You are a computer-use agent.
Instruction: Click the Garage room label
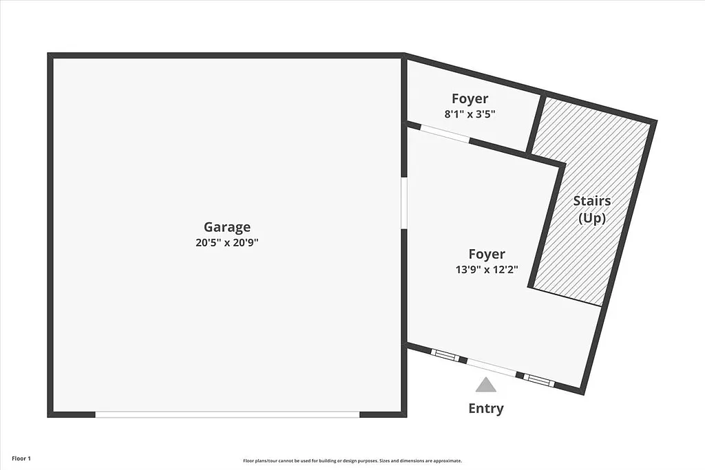coord(227,227)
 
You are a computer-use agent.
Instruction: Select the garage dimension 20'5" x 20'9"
coord(227,243)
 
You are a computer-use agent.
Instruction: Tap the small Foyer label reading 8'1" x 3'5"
coord(470,114)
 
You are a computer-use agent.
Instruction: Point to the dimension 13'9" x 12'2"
coord(487,270)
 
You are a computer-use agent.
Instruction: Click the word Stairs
coord(592,201)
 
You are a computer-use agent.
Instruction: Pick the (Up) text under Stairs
coord(592,218)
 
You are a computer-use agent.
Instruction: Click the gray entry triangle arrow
coord(486,385)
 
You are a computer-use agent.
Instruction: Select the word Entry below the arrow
coord(486,409)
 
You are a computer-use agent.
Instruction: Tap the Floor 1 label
coord(21,458)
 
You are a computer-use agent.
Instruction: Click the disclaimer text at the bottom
coord(352,461)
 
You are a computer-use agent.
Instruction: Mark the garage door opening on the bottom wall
coord(227,414)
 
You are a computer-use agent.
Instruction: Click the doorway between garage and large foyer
coord(404,202)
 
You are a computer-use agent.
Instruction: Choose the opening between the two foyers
coord(445,133)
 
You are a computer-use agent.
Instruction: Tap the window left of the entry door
coord(445,356)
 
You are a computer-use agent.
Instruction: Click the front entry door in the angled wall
coord(492,367)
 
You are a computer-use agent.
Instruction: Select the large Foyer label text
coord(487,255)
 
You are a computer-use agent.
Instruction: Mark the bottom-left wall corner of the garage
coord(51,414)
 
